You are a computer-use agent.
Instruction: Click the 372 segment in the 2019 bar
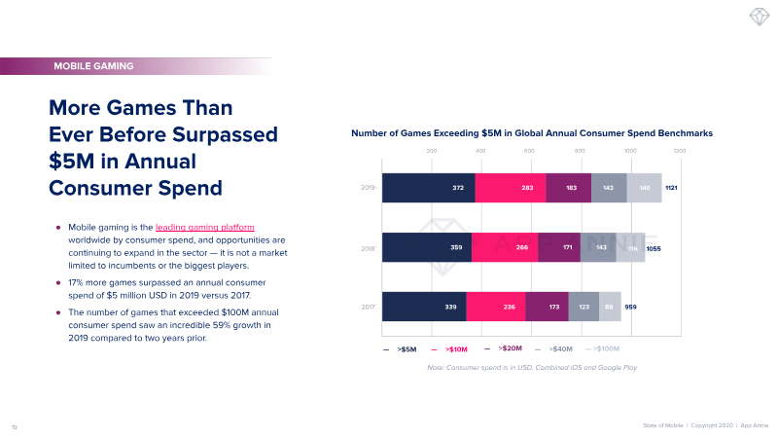pos(428,187)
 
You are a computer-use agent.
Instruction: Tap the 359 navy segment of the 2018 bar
pos(427,247)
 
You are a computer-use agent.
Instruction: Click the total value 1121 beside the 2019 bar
pos(672,187)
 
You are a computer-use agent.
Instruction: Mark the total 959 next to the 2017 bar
pos(632,307)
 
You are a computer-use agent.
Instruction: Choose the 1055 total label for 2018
pos(654,248)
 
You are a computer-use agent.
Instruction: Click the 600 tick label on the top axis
pos(529,151)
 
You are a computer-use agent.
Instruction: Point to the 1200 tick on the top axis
pos(679,151)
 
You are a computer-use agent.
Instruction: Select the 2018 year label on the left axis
pos(369,248)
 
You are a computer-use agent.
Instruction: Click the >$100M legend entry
pos(607,347)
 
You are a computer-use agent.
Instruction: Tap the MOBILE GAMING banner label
pos(94,66)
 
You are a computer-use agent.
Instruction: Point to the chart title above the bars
pos(532,132)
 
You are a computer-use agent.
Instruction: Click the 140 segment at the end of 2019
pos(644,187)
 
